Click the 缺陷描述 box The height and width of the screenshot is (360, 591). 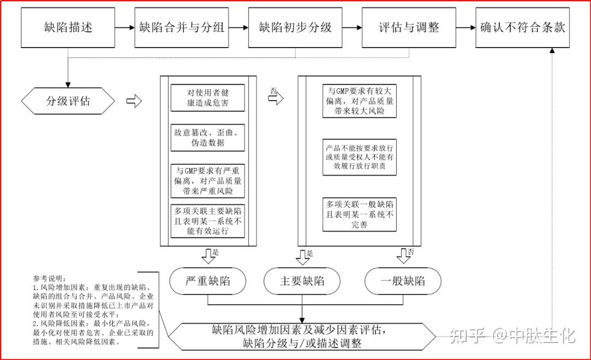pyautogui.click(x=68, y=27)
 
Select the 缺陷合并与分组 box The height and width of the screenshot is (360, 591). pyautogui.click(x=182, y=27)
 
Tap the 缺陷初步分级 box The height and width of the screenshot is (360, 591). pyautogui.click(x=296, y=27)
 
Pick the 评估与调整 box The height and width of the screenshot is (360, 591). pyautogui.click(x=409, y=27)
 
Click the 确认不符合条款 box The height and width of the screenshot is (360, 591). pyautogui.click(x=522, y=27)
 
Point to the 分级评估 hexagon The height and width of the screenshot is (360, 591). pyautogui.click(x=68, y=101)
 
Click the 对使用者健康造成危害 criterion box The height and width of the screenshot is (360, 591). pyautogui.click(x=207, y=97)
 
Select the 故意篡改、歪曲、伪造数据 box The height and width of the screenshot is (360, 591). pyautogui.click(x=207, y=137)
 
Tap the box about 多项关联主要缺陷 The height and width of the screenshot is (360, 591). pyautogui.click(x=207, y=221)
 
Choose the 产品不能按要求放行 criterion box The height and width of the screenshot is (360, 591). pyautogui.click(x=359, y=157)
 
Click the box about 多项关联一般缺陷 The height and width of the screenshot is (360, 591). pyautogui.click(x=359, y=214)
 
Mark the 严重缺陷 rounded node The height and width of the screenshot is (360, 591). pyautogui.click(x=207, y=281)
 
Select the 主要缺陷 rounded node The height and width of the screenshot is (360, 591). pyautogui.click(x=302, y=281)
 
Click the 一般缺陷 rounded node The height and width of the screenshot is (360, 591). pyautogui.click(x=403, y=281)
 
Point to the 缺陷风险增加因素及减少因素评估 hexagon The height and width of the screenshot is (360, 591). pyautogui.click(x=302, y=336)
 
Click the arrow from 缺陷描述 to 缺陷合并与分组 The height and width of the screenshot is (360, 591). pyautogui.click(x=125, y=27)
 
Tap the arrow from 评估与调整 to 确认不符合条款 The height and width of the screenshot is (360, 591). pyautogui.click(x=465, y=27)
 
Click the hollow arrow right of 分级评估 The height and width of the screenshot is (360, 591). pyautogui.click(x=134, y=101)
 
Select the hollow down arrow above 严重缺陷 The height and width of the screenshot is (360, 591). pyautogui.click(x=208, y=255)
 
